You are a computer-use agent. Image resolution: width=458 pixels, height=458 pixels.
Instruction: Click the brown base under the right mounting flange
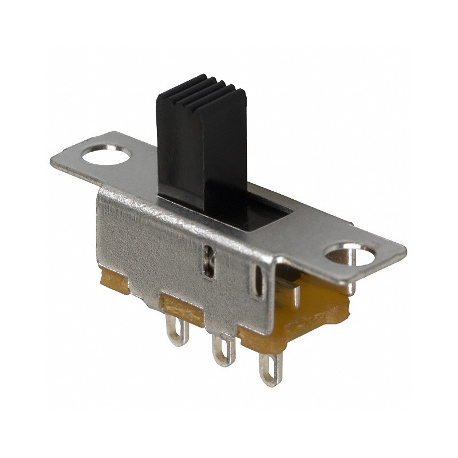click(321, 312)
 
